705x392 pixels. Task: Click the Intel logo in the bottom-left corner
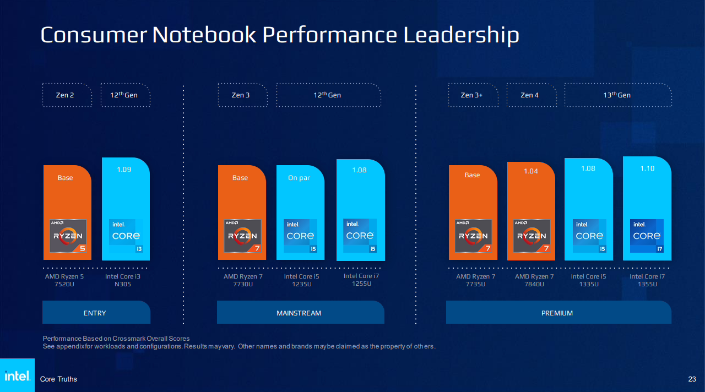[17, 375]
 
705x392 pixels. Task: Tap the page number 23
[692, 379]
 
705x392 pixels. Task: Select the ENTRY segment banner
[96, 312]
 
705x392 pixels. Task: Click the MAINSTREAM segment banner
[301, 312]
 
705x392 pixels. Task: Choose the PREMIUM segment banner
[558, 312]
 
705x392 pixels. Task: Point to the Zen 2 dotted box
[67, 95]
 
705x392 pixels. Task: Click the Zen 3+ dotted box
[473, 95]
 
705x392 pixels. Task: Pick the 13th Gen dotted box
[618, 95]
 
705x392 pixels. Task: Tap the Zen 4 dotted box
[532, 95]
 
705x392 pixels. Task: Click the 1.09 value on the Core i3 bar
[124, 170]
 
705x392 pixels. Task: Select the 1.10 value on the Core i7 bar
[647, 168]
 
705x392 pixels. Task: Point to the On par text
[299, 178]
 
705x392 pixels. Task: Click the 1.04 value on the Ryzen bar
[530, 171]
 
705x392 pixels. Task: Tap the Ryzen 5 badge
[68, 236]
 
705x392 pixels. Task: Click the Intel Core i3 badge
[126, 236]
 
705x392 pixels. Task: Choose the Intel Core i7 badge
[647, 236]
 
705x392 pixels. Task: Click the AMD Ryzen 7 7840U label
[534, 280]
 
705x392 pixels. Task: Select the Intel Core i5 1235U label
[301, 280]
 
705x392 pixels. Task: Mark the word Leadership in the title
[461, 35]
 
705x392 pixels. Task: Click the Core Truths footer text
[58, 379]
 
